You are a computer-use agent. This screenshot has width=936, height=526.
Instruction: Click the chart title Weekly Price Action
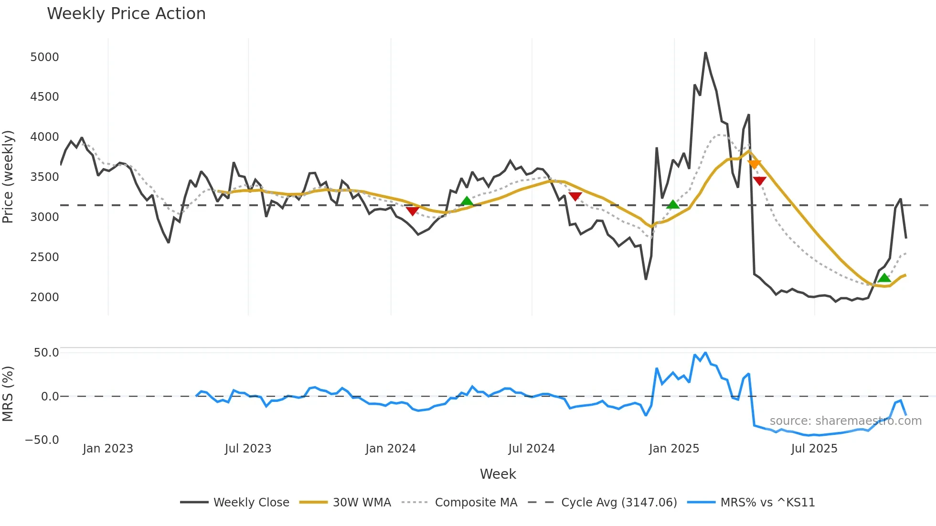pos(126,14)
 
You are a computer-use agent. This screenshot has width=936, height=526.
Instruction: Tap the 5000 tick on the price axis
pos(44,57)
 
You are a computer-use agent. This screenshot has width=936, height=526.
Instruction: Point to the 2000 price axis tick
pos(44,297)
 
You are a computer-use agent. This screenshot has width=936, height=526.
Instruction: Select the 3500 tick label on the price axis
pos(44,177)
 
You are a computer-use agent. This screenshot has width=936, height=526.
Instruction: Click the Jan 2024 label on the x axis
pos(390,449)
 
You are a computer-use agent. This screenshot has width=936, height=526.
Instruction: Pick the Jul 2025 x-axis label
pos(814,449)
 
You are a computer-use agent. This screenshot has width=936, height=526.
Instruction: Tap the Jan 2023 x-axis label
pos(107,449)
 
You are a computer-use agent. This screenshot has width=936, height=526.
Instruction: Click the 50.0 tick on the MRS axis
pos(46,353)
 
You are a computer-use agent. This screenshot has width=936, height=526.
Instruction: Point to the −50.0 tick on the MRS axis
pos(42,440)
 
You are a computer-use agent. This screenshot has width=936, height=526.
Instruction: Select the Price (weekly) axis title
pos(8,177)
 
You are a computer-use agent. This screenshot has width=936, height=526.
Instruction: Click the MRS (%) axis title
pos(8,394)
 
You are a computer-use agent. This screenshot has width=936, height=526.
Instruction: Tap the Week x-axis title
pos(498,474)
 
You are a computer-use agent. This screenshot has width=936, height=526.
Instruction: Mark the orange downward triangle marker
pos(754,164)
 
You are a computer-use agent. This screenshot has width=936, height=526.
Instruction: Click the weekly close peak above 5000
pos(705,53)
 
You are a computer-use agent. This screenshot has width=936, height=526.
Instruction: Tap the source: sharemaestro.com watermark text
pos(845,421)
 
